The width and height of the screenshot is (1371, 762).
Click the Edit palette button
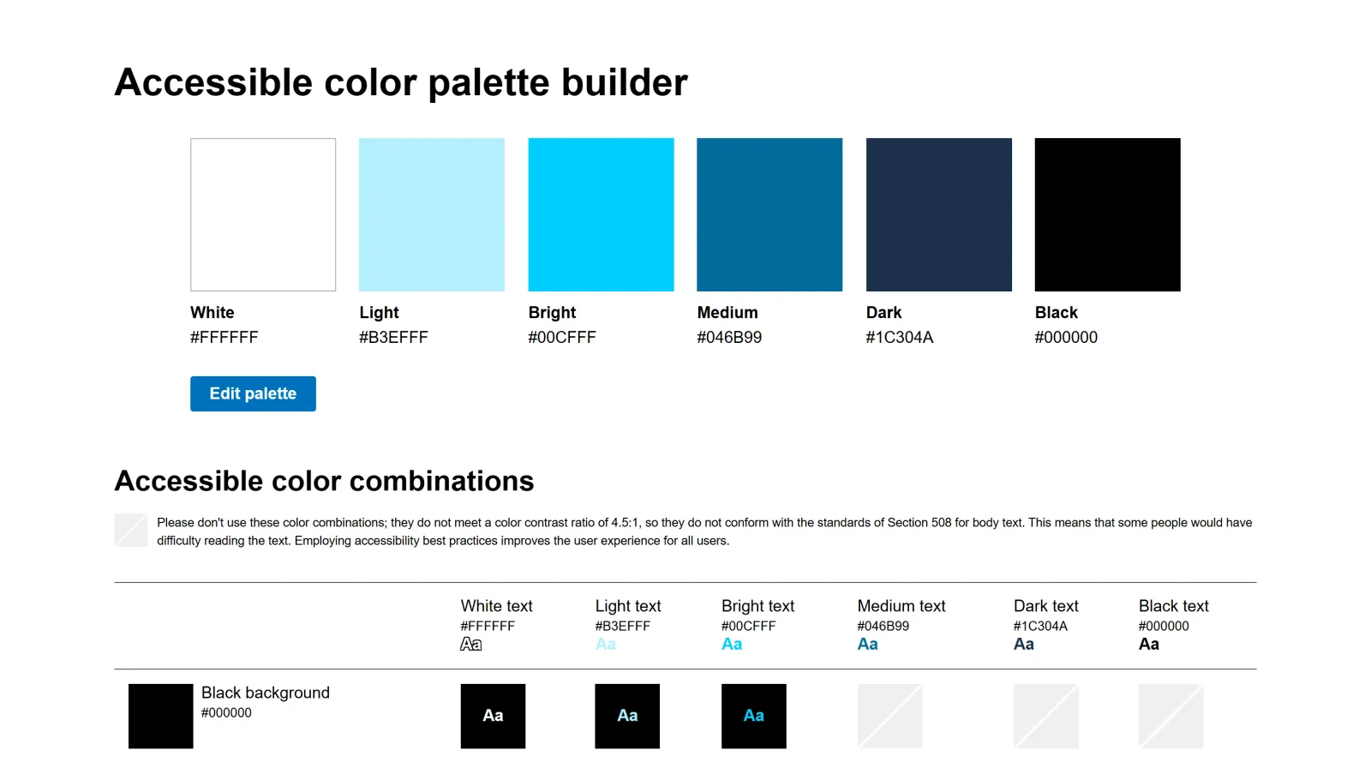(x=253, y=393)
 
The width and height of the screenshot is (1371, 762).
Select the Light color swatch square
(x=431, y=214)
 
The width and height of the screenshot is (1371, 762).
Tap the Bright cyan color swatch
(x=601, y=214)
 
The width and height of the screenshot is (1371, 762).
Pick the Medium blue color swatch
(x=769, y=214)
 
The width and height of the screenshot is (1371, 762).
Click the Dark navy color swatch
(x=938, y=214)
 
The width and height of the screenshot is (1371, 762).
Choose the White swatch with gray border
(x=263, y=214)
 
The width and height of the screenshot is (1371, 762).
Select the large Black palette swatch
(x=1107, y=214)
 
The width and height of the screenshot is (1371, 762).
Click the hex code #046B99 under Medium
(x=729, y=338)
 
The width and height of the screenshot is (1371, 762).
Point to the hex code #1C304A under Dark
(x=899, y=338)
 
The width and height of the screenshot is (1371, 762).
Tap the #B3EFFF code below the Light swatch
(x=393, y=338)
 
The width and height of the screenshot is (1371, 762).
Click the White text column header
(x=496, y=606)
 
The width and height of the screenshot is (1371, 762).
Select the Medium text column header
(x=901, y=606)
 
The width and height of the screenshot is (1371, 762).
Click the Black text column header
(x=1173, y=606)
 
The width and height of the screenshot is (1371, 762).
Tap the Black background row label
(x=265, y=693)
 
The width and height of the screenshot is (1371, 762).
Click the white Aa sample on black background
(x=493, y=716)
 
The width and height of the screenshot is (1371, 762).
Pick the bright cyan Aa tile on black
(x=753, y=716)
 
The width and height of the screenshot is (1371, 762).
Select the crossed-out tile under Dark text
(x=1045, y=716)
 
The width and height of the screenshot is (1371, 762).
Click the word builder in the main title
(x=624, y=83)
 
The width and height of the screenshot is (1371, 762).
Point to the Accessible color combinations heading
(x=324, y=481)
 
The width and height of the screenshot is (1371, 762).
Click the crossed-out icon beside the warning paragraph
(x=131, y=530)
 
